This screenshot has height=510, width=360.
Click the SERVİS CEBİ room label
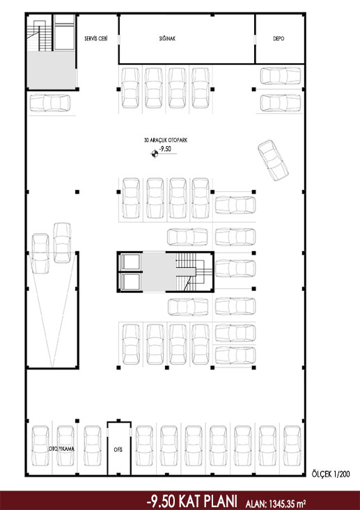coord(95,38)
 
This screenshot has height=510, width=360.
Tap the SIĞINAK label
coord(167,38)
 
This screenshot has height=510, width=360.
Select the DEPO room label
coord(279,38)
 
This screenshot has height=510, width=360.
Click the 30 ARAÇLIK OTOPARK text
coord(166,141)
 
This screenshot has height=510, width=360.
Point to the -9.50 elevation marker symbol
coord(155,154)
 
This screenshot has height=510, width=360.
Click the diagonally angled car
coord(273,160)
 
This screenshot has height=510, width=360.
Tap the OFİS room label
coord(118,450)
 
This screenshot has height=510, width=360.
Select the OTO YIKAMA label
coord(61,449)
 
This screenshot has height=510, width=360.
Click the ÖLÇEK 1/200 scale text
coord(331,475)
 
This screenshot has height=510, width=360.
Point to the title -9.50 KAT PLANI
coord(192,501)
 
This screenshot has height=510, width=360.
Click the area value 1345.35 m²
coord(286,504)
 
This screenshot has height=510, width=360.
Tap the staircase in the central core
coord(190,272)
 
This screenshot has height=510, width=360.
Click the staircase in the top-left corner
coord(40,35)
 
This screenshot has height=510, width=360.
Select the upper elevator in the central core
coord(130,262)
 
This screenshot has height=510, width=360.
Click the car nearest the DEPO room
coord(281,76)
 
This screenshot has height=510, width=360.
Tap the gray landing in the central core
coord(159,272)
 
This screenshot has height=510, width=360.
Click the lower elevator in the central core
coord(130,282)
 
